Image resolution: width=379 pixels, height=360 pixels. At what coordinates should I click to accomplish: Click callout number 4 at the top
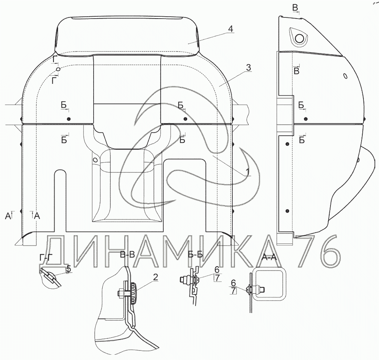(x=230, y=29)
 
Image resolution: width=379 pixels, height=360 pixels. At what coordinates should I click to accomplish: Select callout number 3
(x=248, y=68)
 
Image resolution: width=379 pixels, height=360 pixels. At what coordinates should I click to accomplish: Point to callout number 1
(x=247, y=172)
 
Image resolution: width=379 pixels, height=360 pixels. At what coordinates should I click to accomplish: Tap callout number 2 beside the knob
(x=155, y=277)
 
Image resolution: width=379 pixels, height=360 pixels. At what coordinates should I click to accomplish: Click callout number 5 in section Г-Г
(x=69, y=268)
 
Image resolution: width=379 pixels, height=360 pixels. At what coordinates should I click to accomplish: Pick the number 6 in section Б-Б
(x=216, y=269)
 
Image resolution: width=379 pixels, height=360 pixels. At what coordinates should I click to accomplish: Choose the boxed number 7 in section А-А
(x=233, y=291)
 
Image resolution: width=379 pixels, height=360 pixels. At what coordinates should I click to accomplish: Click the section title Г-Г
(x=46, y=258)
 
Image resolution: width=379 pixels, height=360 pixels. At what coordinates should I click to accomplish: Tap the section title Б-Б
(x=195, y=255)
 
